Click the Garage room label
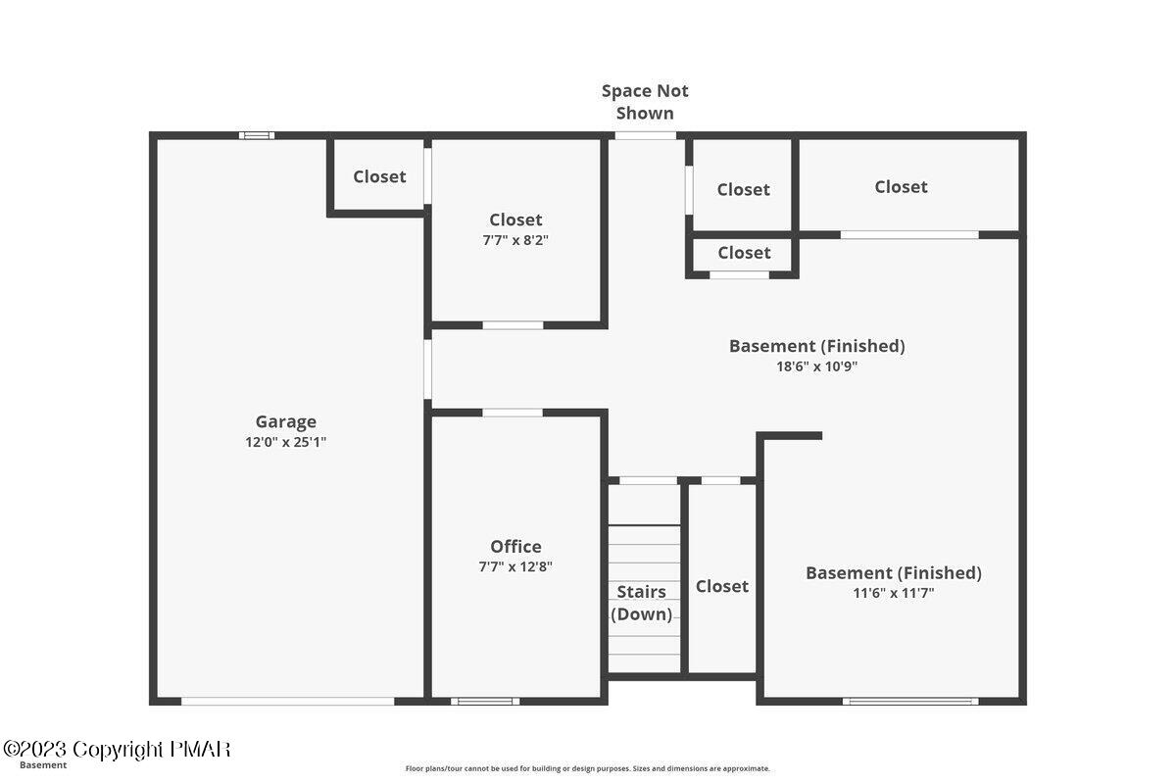(285, 421)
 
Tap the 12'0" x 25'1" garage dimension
(285, 442)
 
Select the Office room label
(515, 546)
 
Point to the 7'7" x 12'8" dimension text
(515, 566)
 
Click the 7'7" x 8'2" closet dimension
(515, 240)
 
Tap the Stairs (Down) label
(642, 603)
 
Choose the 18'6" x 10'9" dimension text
(816, 367)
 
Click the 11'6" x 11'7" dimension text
(893, 593)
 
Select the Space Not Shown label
(645, 101)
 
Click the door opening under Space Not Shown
(645, 135)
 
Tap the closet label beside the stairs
(722, 586)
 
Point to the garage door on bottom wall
(288, 701)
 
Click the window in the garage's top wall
(257, 135)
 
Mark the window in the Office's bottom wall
(485, 701)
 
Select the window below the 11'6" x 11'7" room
(910, 701)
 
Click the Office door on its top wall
(513, 413)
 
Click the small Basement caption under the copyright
(43, 765)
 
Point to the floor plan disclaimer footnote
(587, 768)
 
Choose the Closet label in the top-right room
(901, 186)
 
